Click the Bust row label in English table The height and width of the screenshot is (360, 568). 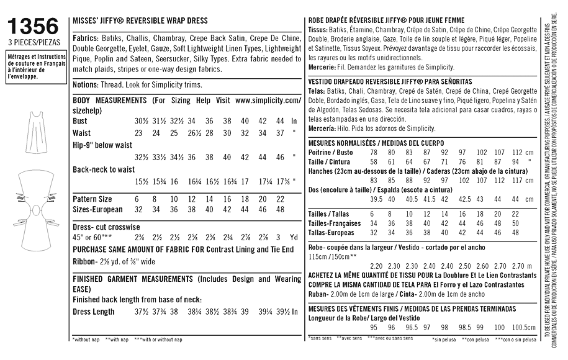[80, 121]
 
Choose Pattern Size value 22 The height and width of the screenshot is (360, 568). [280, 199]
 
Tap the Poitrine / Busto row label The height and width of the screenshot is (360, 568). [330, 152]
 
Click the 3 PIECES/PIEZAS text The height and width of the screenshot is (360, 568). [31, 42]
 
